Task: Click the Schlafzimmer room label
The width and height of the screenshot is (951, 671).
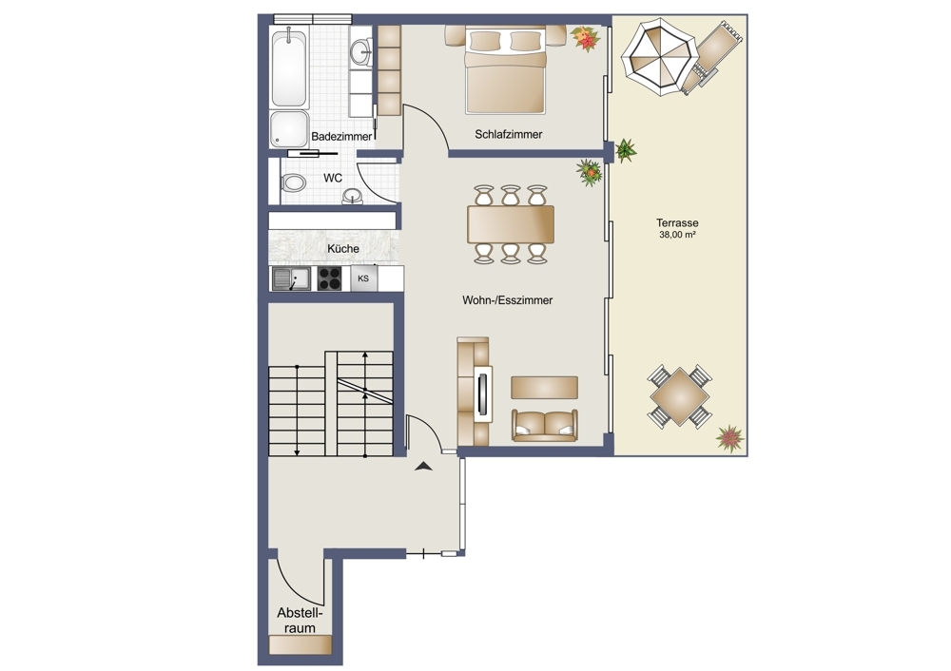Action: [508, 135]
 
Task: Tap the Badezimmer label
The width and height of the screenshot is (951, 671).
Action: [341, 136]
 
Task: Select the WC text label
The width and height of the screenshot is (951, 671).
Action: [332, 179]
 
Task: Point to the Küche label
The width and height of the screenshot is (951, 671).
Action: [343, 248]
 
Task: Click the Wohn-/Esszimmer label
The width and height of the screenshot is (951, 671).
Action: [507, 300]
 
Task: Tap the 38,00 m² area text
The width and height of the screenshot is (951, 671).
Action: [677, 235]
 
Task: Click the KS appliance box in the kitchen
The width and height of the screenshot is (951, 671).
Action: [363, 278]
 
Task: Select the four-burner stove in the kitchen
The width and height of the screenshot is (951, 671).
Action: [329, 278]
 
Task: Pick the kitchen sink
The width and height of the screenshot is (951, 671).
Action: [291, 278]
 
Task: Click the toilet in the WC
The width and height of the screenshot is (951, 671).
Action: [294, 182]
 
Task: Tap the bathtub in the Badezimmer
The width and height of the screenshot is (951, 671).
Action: [289, 68]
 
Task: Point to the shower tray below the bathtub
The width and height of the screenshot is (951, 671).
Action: [289, 129]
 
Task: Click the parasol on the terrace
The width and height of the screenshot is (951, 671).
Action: [659, 56]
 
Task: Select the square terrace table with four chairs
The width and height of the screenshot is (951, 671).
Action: [679, 397]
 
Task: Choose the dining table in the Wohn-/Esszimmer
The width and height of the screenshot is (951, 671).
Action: [511, 224]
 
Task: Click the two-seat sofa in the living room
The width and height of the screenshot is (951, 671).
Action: [545, 426]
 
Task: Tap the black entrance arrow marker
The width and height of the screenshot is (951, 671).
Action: [423, 466]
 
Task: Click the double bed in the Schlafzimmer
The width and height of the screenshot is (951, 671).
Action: [506, 71]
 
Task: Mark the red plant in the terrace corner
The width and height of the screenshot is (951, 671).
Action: [729, 438]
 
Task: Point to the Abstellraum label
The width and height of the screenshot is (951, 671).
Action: [300, 620]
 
